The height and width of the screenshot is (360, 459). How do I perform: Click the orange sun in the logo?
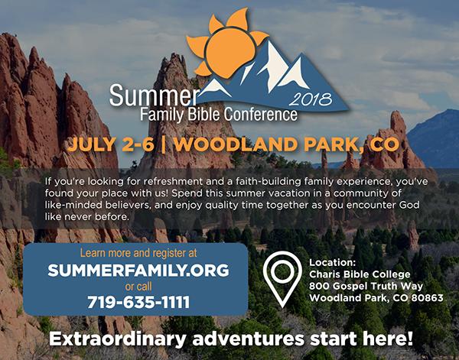point(226,47)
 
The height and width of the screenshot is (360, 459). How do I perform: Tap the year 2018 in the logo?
point(311,99)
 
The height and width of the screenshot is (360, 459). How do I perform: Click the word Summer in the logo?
point(155,96)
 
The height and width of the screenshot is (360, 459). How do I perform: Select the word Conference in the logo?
point(261,115)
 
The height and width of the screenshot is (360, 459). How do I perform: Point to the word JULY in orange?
point(91,144)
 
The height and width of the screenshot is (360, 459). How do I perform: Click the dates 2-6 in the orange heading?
point(138,144)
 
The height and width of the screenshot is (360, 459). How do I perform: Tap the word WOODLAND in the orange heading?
point(236,144)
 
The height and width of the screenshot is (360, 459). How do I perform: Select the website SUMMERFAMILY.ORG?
point(138,271)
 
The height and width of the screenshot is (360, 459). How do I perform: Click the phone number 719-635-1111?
point(138,302)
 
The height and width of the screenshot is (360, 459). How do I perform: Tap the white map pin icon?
point(282,277)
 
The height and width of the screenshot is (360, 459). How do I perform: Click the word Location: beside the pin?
point(332,262)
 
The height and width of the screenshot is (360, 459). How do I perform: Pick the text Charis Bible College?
point(360,274)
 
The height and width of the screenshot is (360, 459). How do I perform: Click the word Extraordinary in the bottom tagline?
point(117,339)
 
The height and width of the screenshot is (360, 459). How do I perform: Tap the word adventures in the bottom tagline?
point(248,339)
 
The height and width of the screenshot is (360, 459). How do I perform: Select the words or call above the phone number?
point(138,287)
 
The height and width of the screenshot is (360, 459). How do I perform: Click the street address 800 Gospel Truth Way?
point(366,286)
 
